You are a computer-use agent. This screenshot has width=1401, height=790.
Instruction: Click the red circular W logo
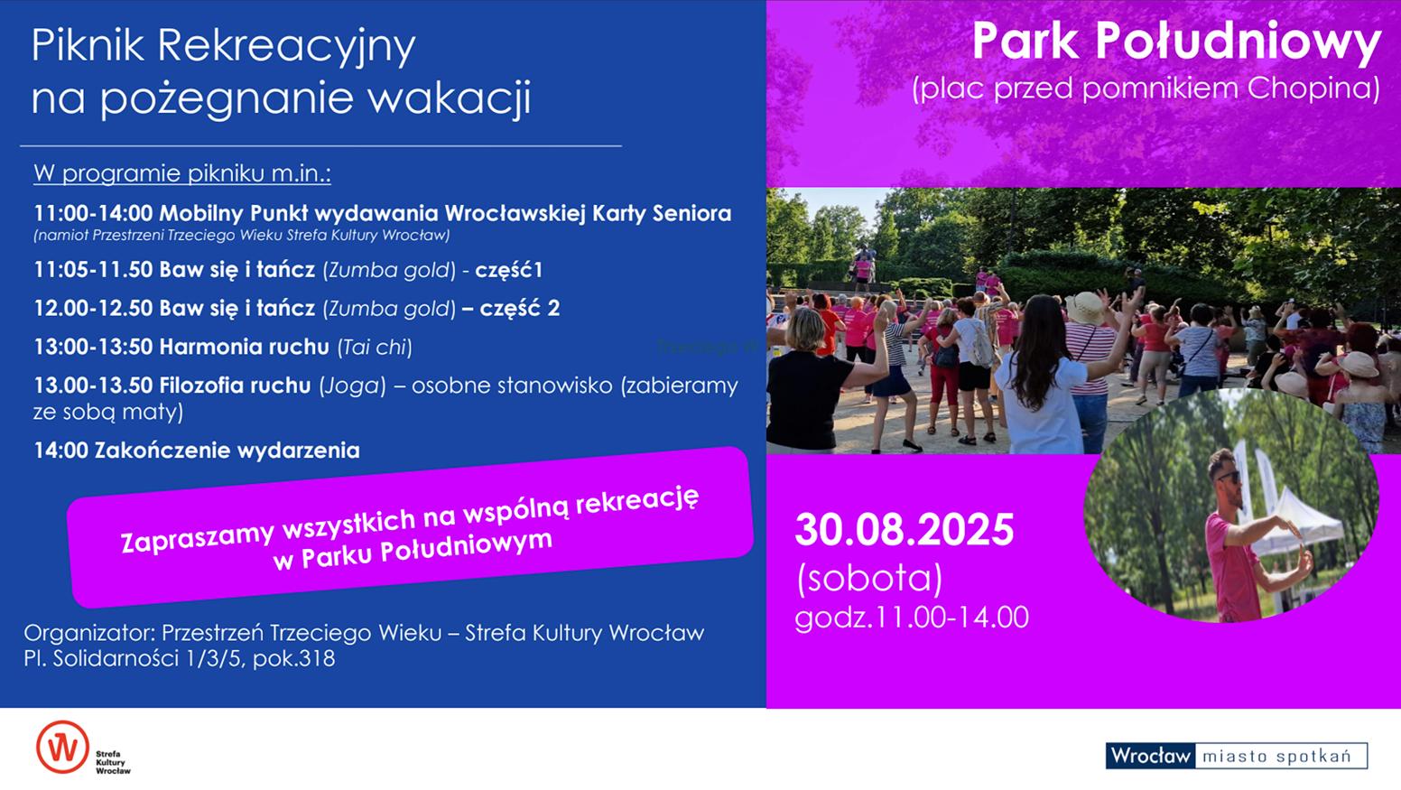point(62,747)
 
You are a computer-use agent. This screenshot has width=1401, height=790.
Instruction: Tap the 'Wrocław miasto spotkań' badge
point(1237,756)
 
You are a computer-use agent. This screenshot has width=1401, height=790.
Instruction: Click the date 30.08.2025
point(905,530)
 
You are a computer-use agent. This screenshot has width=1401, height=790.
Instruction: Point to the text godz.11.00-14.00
point(911,618)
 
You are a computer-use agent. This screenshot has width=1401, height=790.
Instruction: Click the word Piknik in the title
point(88,45)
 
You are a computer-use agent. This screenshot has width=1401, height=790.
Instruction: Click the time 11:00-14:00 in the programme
point(93,213)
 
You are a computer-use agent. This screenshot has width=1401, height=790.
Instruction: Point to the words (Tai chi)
point(375,348)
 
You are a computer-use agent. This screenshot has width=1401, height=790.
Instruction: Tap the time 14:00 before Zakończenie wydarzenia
point(60,451)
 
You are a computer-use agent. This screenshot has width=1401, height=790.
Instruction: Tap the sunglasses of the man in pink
point(1228,477)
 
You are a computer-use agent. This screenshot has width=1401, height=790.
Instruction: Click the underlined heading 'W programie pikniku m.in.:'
point(182,173)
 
